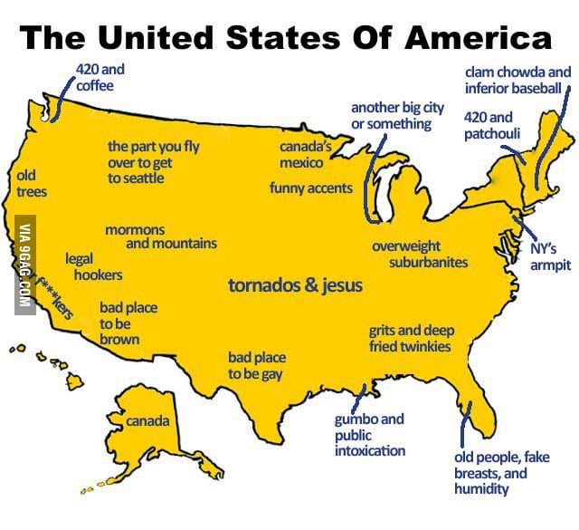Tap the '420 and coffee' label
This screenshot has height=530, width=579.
pyautogui.click(x=101, y=78)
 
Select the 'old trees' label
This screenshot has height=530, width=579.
pyautogui.click(x=31, y=183)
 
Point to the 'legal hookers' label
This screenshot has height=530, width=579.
pyautogui.click(x=94, y=266)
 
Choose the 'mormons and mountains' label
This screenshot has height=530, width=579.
pyautogui.click(x=160, y=236)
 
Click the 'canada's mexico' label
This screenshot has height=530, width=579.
pyautogui.click(x=302, y=154)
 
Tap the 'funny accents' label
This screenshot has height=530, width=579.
pyautogui.click(x=310, y=188)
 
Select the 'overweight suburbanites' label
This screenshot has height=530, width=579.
pyautogui.click(x=419, y=254)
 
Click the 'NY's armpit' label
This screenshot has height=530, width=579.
pyautogui.click(x=550, y=257)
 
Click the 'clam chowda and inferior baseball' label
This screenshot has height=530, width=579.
pyautogui.click(x=517, y=80)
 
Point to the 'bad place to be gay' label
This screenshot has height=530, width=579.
pyautogui.click(x=257, y=366)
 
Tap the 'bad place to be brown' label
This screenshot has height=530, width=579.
pyautogui.click(x=128, y=323)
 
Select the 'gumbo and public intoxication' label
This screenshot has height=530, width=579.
pyautogui.click(x=369, y=435)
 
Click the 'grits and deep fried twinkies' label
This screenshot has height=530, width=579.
pyautogui.click(x=411, y=339)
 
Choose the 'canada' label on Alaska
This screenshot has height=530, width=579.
pyautogui.click(x=147, y=421)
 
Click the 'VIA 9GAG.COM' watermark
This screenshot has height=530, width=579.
pyautogui.click(x=26, y=264)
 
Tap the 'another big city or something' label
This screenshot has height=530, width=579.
pyautogui.click(x=397, y=115)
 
